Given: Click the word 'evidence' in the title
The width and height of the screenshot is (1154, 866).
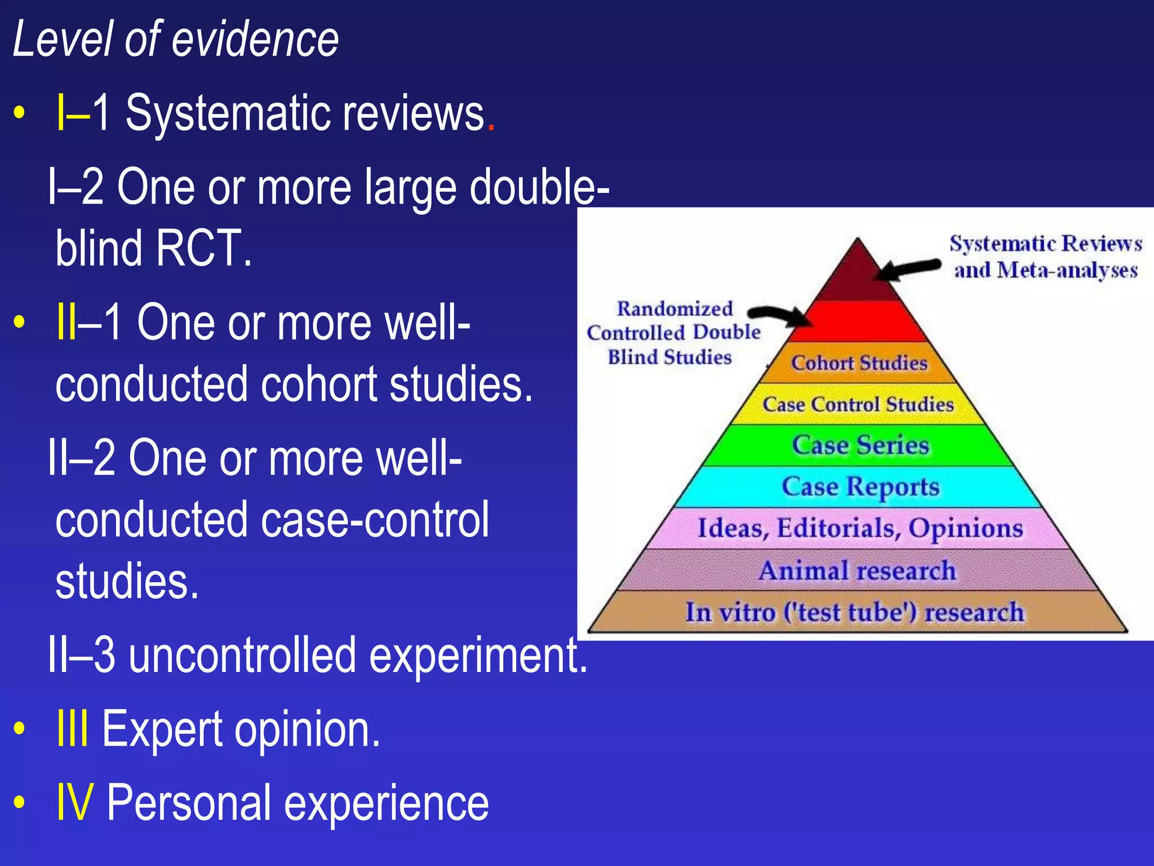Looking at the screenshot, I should [x=255, y=39].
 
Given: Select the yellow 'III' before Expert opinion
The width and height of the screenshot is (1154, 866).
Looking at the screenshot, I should [x=73, y=729].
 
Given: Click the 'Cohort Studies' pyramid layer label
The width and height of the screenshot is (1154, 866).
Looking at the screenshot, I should [x=859, y=363].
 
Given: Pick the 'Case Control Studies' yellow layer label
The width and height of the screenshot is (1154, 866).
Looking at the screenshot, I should [x=858, y=404].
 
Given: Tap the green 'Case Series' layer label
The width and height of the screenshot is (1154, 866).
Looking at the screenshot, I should [x=860, y=445].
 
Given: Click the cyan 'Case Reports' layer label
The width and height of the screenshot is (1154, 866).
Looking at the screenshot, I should [x=860, y=487].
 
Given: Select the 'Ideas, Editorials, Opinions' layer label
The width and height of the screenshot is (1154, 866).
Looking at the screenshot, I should [x=860, y=528].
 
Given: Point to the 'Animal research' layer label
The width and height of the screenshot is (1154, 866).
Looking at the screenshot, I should [x=857, y=571].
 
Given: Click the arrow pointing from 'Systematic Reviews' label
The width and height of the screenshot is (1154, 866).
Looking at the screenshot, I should [x=907, y=269].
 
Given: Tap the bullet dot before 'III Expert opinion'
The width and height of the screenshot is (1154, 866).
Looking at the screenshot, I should [x=20, y=728].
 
